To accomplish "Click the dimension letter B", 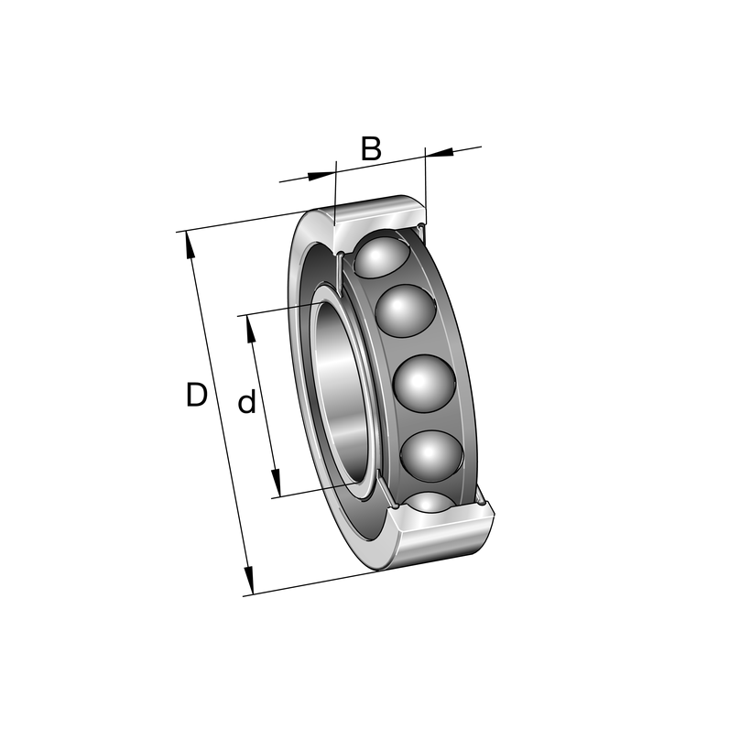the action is pos(372,148).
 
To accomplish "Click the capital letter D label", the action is pos(196,395).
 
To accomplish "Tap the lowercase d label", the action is pos(247,401).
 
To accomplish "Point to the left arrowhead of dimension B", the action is pos(321,175).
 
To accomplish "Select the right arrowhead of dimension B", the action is pos(440,152).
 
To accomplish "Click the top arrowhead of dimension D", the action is pos(189,245).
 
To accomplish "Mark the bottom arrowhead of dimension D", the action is pos(250,581).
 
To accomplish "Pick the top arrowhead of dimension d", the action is pos(251,329).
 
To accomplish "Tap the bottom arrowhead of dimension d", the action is pos(277,483).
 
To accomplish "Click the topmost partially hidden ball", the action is pos(380,255).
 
